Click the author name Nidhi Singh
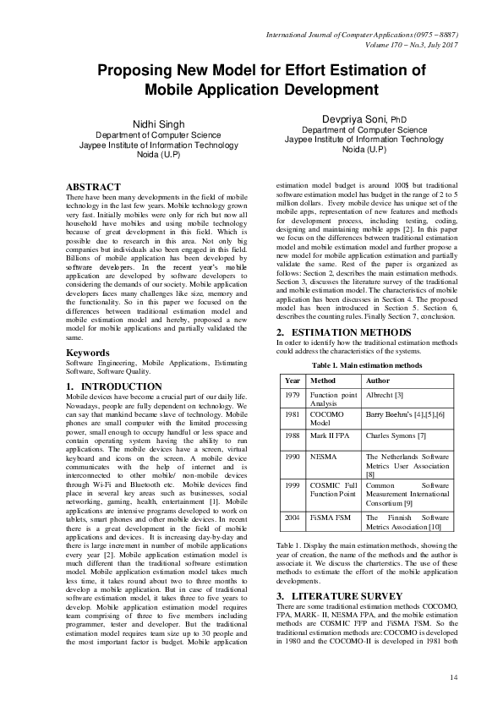(x=158, y=124)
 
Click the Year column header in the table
(x=293, y=381)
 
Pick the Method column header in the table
(x=324, y=381)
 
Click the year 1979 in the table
(x=293, y=395)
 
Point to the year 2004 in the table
(x=293, y=516)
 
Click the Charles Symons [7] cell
(x=395, y=435)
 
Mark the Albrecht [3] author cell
(x=385, y=395)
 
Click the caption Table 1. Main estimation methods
(x=366, y=364)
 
